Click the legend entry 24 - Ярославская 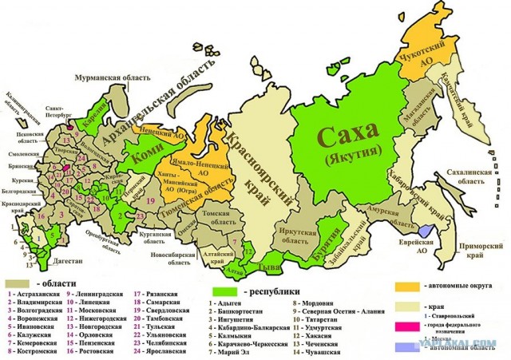164,351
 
